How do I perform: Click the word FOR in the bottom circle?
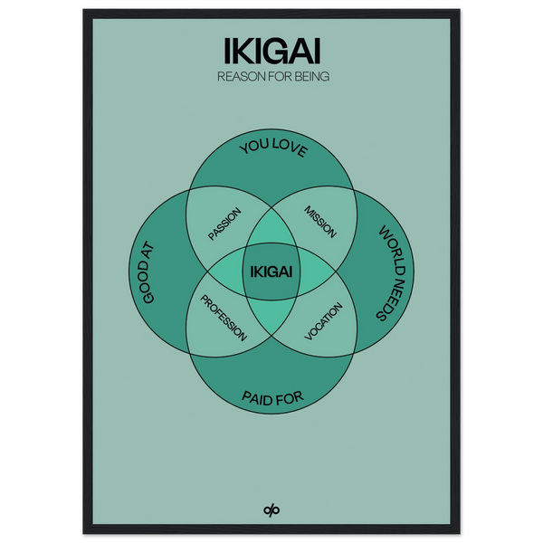[x=290, y=395]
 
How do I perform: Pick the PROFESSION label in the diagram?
[x=224, y=317]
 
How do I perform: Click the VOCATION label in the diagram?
[x=323, y=317]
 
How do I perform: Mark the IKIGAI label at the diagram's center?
[x=271, y=270]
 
